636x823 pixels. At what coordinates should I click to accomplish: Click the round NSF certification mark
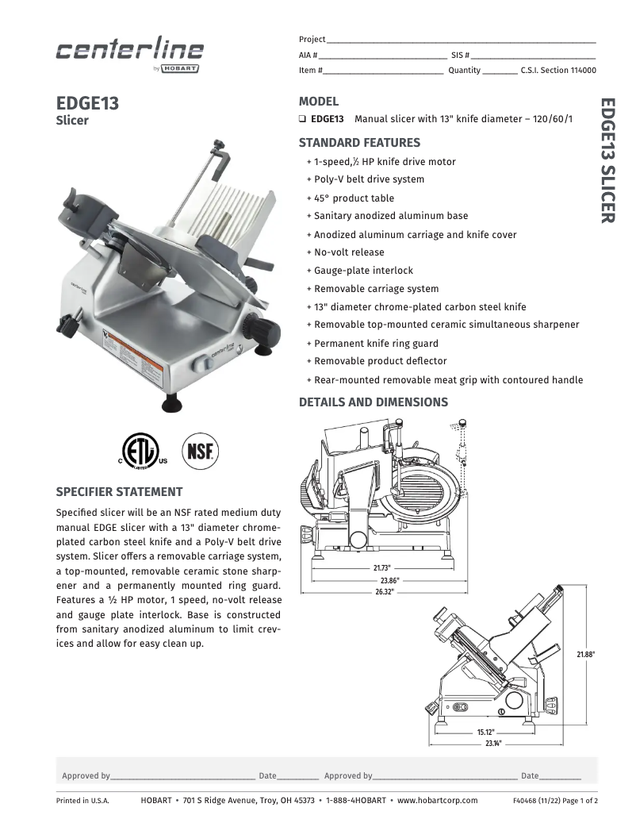(x=201, y=449)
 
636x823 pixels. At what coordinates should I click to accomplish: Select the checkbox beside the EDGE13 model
(x=303, y=119)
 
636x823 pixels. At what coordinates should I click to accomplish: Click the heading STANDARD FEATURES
(x=359, y=143)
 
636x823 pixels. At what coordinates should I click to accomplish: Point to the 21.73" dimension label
(x=381, y=568)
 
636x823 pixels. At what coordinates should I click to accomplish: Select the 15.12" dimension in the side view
(x=485, y=732)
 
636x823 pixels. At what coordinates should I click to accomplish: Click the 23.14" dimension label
(x=492, y=744)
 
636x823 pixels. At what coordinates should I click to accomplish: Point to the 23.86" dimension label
(x=388, y=580)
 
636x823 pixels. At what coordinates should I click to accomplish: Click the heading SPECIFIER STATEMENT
(x=119, y=492)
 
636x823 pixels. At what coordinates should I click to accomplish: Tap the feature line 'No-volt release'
(x=349, y=252)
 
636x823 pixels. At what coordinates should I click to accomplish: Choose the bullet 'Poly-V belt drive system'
(x=369, y=179)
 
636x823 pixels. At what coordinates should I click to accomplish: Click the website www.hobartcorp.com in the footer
(x=437, y=801)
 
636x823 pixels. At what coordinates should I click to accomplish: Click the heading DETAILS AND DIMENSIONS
(x=373, y=402)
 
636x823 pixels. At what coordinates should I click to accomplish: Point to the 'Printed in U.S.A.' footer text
(x=82, y=801)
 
